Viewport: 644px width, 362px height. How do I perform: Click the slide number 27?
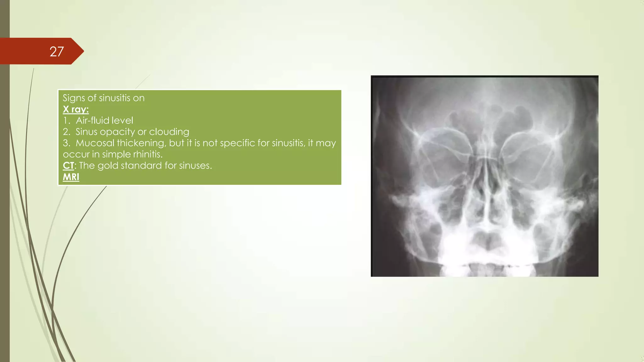[x=57, y=52]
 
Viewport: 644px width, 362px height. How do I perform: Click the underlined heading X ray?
[x=75, y=109]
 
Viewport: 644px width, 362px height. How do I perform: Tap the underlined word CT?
[x=68, y=166]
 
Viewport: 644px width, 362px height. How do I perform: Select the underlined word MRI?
[x=71, y=177]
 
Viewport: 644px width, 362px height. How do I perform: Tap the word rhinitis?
[x=148, y=154]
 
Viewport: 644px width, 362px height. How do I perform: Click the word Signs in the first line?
[x=74, y=98]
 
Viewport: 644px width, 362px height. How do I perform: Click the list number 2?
[x=66, y=132]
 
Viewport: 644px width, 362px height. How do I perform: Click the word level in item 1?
[x=122, y=120]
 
